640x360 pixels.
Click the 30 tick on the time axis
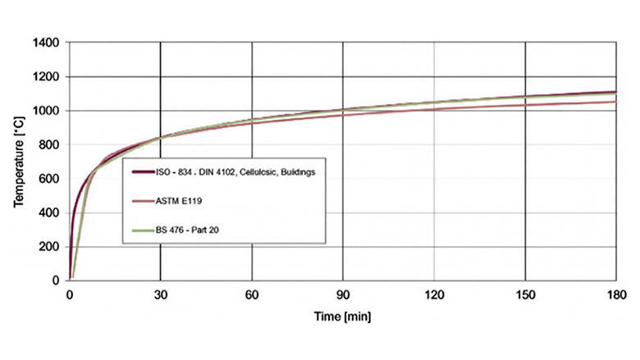pyautogui.click(x=161, y=295)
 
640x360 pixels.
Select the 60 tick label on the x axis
pyautogui.click(x=252, y=295)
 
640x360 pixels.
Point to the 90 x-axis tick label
pyautogui.click(x=343, y=295)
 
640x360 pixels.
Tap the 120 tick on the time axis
pyautogui.click(x=433, y=295)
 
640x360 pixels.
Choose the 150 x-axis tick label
pyautogui.click(x=524, y=295)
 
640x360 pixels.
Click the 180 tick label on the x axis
pyautogui.click(x=615, y=295)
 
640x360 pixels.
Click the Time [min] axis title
pyautogui.click(x=343, y=314)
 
